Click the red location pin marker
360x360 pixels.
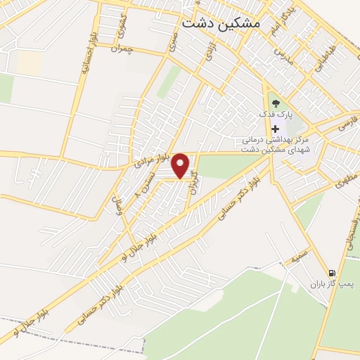click(181, 165)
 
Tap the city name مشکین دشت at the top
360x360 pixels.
click(221, 22)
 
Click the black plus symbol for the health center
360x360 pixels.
click(275, 129)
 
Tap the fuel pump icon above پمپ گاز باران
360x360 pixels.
click(331, 274)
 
